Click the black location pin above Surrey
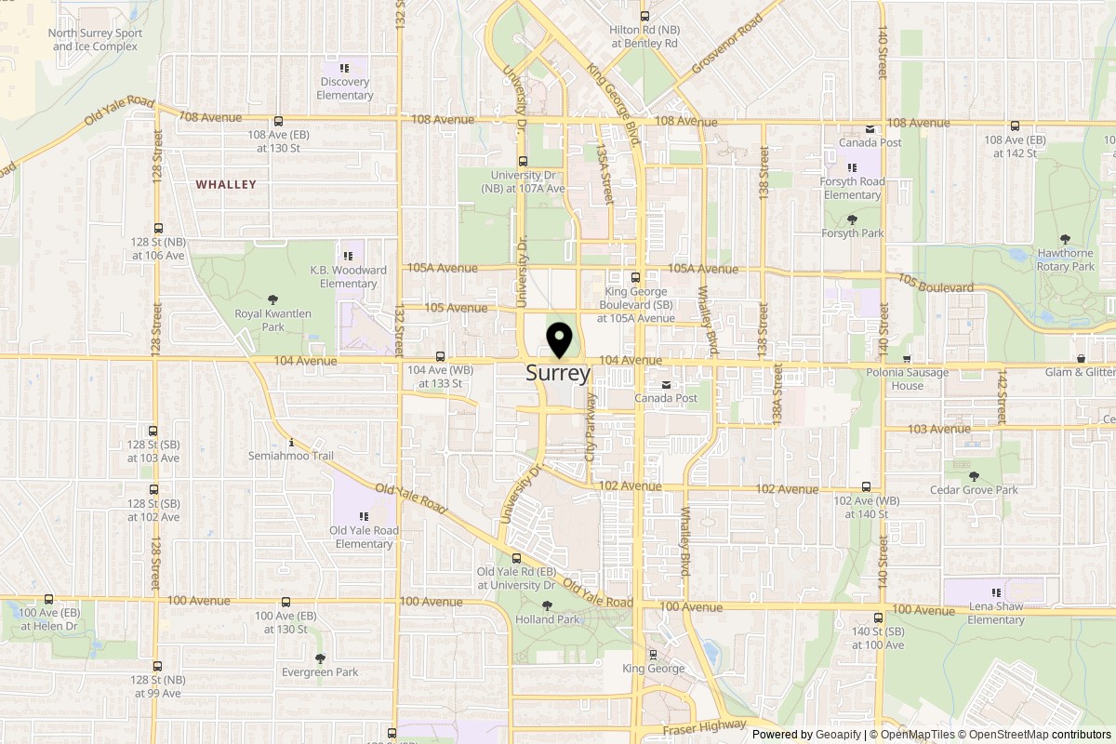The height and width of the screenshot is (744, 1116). [559, 339]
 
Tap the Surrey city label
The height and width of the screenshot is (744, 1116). [558, 374]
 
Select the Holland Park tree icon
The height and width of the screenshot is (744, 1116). [548, 605]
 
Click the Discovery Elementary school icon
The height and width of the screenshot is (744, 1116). [344, 68]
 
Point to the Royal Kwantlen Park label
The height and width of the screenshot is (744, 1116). [272, 320]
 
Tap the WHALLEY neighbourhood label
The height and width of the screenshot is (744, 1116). [226, 185]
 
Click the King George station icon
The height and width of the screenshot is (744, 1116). [653, 654]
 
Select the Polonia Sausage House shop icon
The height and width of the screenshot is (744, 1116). [907, 359]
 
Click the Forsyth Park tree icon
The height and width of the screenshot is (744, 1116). [852, 219]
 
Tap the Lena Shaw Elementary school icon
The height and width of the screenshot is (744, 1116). [996, 592]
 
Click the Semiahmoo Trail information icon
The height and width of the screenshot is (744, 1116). [292, 442]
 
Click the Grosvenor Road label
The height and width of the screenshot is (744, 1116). [727, 44]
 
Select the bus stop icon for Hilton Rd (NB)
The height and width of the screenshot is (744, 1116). [644, 16]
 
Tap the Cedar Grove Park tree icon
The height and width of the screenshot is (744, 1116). [974, 476]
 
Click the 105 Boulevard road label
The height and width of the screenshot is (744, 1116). [936, 283]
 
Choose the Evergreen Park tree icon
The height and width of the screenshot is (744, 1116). [321, 658]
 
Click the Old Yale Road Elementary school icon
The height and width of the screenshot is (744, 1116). [365, 516]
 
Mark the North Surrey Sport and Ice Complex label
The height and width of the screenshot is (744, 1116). [96, 39]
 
